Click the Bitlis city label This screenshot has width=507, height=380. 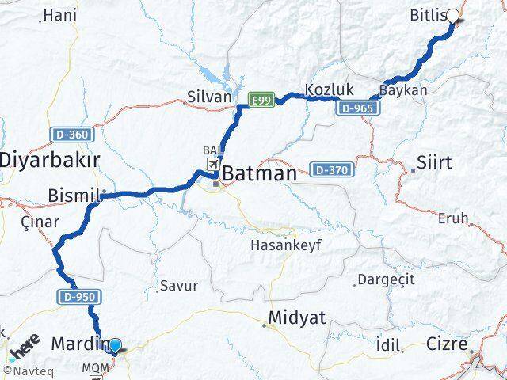pos(428,15)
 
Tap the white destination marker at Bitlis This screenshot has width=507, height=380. pos(453,15)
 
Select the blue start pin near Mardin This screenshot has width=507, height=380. pos(116,345)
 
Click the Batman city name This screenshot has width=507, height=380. pos(260,173)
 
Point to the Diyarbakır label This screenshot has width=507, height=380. pos(49,158)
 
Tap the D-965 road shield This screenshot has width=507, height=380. pos(353,108)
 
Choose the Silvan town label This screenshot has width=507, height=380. pos(208,97)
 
